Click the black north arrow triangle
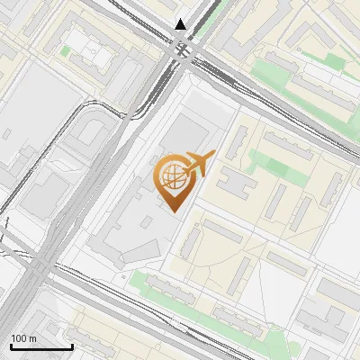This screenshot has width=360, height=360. pyautogui.click(x=181, y=24)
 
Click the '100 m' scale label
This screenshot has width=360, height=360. pyautogui.click(x=23, y=338)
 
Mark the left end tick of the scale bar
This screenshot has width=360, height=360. pyautogui.click(x=11, y=346)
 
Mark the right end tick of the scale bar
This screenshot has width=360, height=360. pyautogui.click(x=71, y=346)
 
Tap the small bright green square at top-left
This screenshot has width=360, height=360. pyautogui.click(x=65, y=51)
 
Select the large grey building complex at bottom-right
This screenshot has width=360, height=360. pyautogui.click(x=325, y=306)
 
